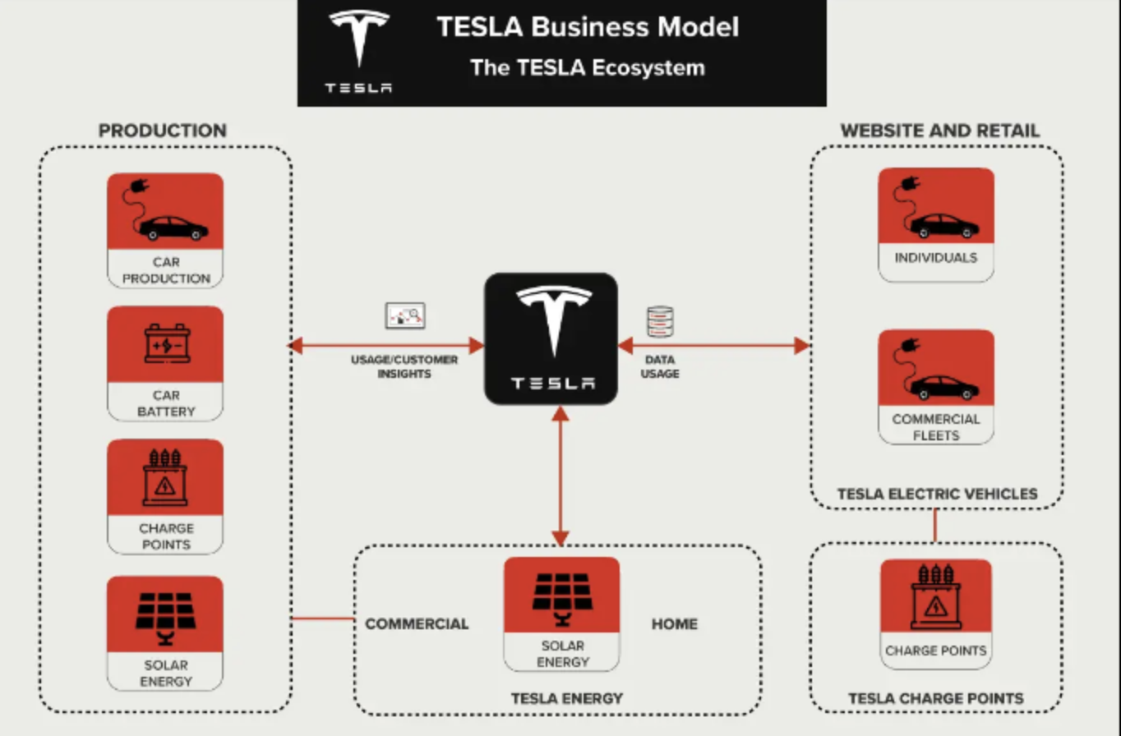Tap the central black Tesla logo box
coord(551,338)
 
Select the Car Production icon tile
coord(165,229)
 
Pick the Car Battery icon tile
coord(165,363)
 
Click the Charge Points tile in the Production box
coord(165,496)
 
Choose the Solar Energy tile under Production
coord(165,632)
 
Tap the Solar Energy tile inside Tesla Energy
coord(562,614)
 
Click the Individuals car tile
coord(936,224)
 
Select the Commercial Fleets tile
coord(936,387)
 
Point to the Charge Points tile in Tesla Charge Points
coord(935,614)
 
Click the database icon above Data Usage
coord(660,322)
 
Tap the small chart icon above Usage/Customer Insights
coord(405,315)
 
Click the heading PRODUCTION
coord(163,131)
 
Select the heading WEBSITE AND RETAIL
coord(939,131)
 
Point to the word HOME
coord(675,624)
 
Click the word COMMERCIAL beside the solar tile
coord(417,624)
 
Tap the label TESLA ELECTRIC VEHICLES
coord(937,494)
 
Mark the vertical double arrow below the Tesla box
coord(560,476)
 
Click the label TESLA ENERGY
coord(567,699)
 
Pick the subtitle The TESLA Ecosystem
coord(588,67)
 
